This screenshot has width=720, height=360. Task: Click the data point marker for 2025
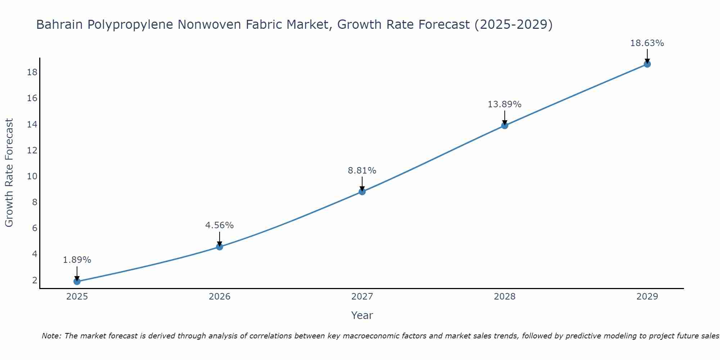point(77,282)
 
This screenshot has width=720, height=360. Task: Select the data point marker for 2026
point(220,247)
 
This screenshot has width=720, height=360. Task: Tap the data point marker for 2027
point(362,192)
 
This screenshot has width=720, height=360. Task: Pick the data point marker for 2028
point(505,126)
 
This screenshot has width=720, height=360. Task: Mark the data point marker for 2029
point(647,64)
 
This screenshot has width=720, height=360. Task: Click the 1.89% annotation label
point(77,260)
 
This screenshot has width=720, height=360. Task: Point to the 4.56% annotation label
point(220,225)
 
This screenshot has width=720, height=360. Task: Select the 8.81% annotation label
point(362,170)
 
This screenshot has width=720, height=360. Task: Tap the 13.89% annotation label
point(504,104)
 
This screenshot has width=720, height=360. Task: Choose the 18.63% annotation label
point(647,43)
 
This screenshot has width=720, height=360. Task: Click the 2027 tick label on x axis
point(362,297)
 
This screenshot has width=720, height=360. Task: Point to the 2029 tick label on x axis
point(647,297)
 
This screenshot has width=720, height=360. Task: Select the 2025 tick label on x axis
point(77,297)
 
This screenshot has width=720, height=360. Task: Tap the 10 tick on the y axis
point(32,176)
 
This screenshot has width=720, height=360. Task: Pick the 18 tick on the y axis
point(32,72)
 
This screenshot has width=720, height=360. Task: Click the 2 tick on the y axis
point(35,280)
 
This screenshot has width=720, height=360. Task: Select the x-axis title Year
point(362,315)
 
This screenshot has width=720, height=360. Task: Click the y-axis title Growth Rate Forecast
point(9,173)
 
